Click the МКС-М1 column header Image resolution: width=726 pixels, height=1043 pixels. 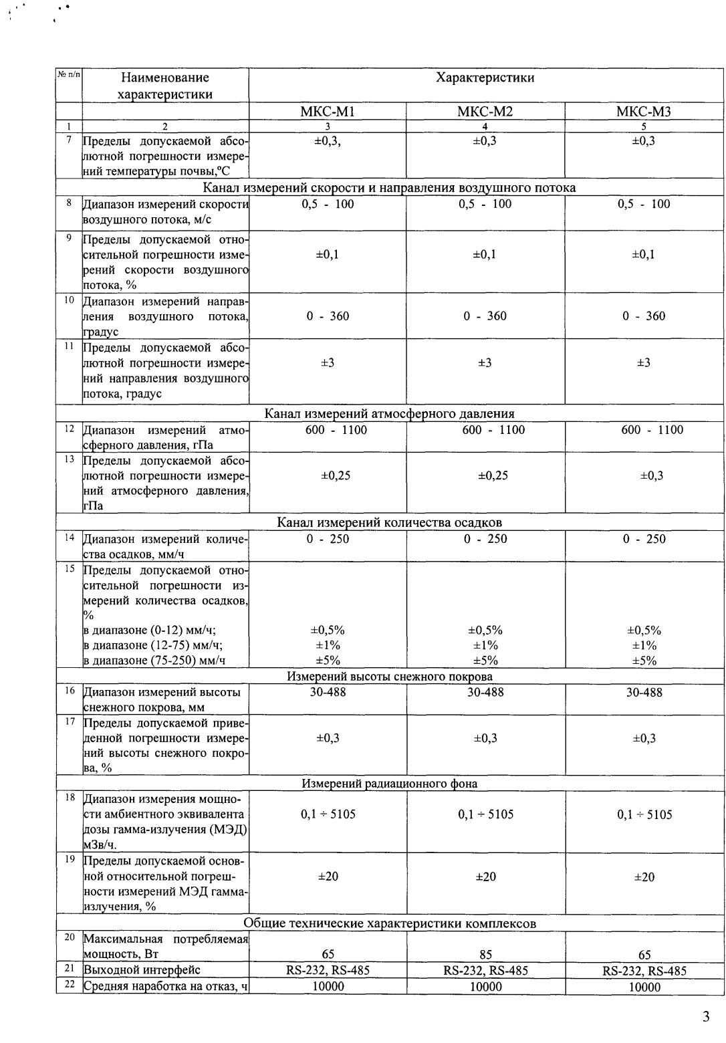click(327, 112)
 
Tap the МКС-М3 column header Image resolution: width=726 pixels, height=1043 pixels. click(643, 112)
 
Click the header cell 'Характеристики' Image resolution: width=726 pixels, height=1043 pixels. click(485, 78)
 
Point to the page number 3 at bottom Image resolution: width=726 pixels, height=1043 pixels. click(707, 1018)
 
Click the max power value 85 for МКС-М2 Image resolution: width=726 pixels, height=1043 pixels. click(485, 955)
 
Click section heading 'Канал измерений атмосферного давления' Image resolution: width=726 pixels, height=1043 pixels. click(390, 414)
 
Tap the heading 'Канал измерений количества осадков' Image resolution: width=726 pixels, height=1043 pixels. click(390, 522)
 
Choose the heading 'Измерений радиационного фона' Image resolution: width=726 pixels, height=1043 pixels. click(390, 783)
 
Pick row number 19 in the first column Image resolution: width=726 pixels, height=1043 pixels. click(69, 858)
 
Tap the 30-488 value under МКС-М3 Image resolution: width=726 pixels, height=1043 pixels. click(644, 693)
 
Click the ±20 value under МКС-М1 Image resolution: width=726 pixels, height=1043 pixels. click(328, 877)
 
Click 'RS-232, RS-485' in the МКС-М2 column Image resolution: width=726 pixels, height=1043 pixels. click(485, 971)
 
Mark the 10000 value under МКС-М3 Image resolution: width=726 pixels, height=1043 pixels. click(644, 987)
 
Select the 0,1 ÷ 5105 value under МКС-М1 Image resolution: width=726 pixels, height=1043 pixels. click(328, 814)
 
